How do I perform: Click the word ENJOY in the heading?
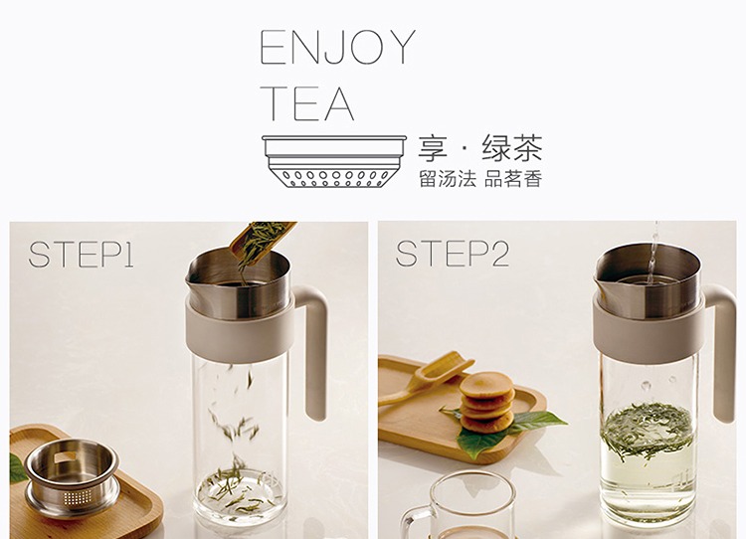coord(338,47)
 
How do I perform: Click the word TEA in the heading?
coord(307,103)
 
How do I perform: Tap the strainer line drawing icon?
coord(334,161)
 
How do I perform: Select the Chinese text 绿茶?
coord(512,148)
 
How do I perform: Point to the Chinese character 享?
coord(433,148)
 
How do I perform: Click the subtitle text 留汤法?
coord(448,179)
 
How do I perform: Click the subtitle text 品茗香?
coord(513,179)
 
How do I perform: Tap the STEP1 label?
coord(81,255)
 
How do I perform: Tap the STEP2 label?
coord(452,254)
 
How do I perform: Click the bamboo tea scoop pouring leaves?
coord(261,243)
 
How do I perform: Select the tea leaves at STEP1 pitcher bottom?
coord(236,490)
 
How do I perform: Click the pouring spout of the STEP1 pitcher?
coord(192,280)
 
